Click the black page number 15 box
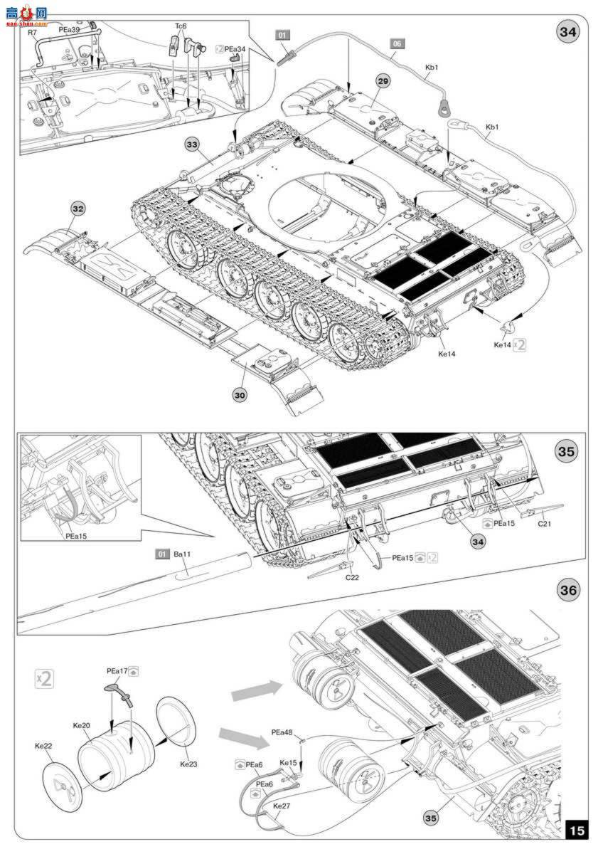coord(577,830)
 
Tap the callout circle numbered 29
coord(383,82)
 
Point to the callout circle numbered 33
coord(193,145)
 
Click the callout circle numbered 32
coord(78,209)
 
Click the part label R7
coord(32,33)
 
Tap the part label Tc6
coord(181,26)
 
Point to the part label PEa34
coord(235,50)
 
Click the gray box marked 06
coord(397,43)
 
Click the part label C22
coord(352,577)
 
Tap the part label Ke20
coord(81,725)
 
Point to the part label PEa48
coord(282,732)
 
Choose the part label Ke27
coord(283,806)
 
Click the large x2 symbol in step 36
coord(44,678)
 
